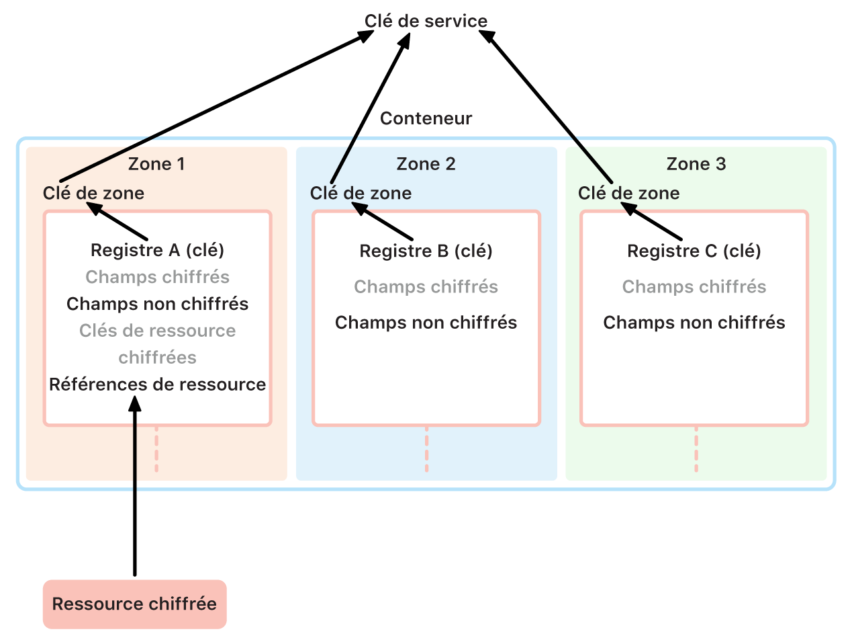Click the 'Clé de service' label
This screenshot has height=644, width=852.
426,21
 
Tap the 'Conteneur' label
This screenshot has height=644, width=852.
426,118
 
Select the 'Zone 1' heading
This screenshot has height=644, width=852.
156,164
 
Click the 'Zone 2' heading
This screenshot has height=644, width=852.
426,164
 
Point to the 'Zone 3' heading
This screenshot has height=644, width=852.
696,164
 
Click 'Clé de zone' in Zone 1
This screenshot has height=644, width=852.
93,194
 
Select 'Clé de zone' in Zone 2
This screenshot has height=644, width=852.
361,194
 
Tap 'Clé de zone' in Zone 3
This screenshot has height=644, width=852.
628,194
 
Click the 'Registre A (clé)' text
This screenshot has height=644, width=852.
157,250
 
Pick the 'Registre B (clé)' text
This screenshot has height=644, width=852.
426,251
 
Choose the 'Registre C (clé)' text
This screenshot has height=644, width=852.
694,251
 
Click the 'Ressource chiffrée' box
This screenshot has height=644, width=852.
134,604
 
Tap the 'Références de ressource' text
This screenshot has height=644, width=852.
157,385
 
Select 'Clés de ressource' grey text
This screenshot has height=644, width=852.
157,331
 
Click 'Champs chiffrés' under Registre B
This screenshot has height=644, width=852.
426,287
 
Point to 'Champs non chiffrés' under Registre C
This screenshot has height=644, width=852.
694,323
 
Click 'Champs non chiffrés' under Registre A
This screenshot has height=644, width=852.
157,304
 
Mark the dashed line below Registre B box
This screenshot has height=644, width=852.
426,449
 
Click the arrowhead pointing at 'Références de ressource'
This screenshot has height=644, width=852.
135,403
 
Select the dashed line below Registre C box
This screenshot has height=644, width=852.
696,449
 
